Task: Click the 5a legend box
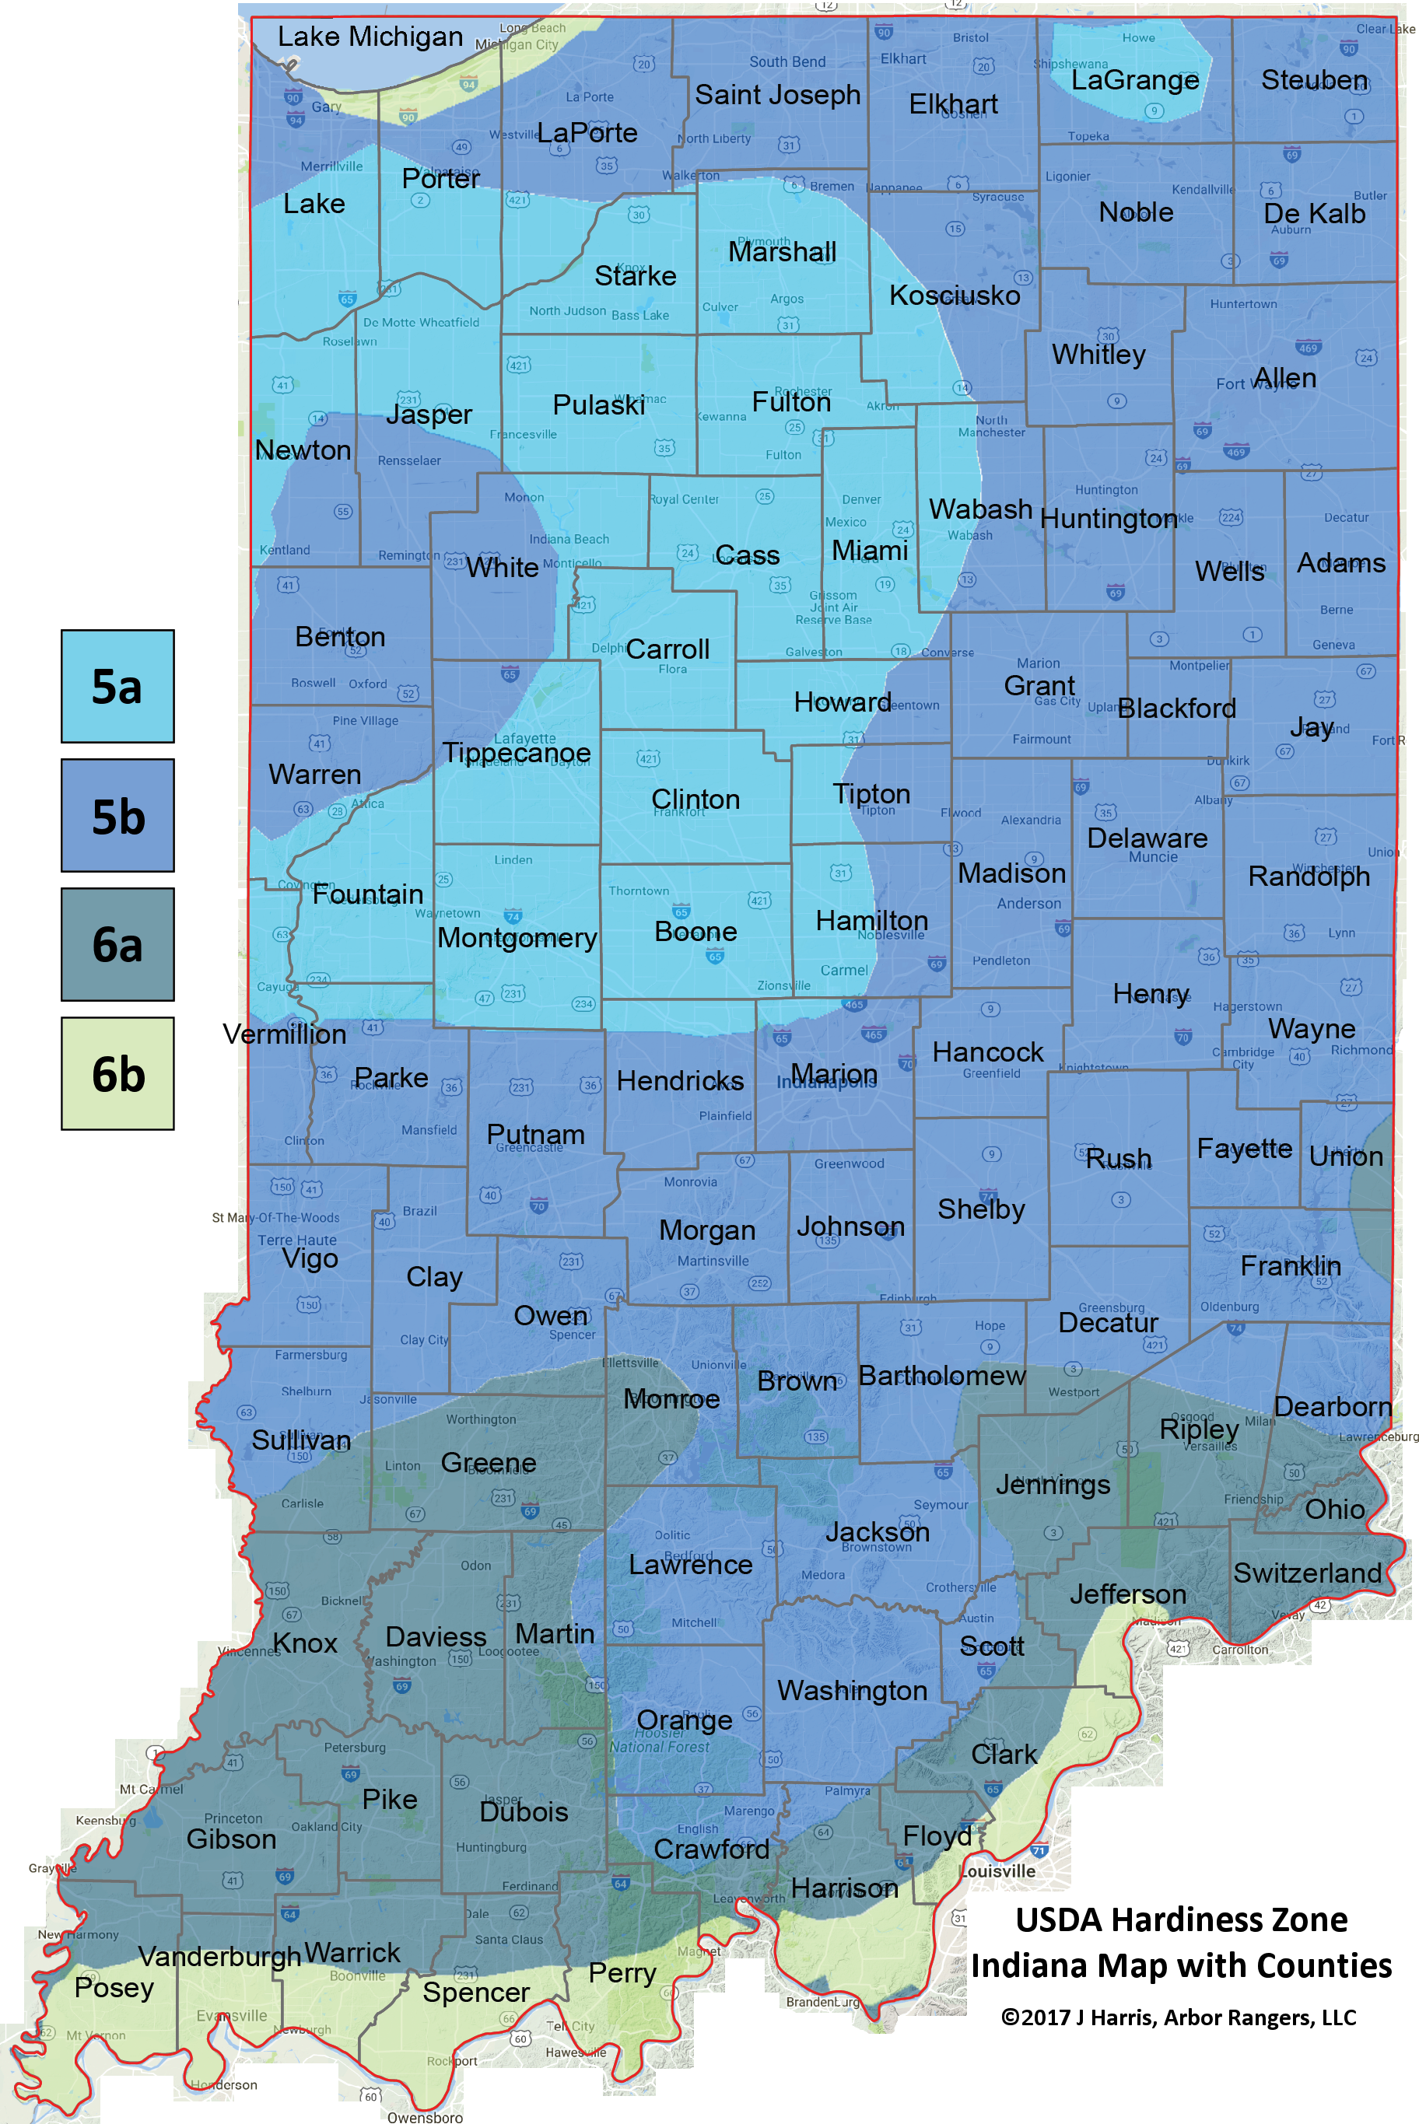(x=117, y=687)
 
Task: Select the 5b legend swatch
(x=117, y=816)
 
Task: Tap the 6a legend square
(x=117, y=944)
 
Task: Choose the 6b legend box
(x=117, y=1074)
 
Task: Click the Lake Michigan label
(x=370, y=37)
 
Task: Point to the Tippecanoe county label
(x=516, y=753)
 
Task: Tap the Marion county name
(x=833, y=1074)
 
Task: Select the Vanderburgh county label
(x=220, y=1957)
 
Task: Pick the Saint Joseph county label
(x=777, y=94)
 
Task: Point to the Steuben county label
(x=1314, y=81)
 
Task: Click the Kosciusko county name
(x=955, y=295)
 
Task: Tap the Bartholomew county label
(x=942, y=1376)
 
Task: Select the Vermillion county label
(x=284, y=1034)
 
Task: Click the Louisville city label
(x=997, y=1870)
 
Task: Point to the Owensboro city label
(x=425, y=2117)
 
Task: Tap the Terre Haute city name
(x=297, y=1240)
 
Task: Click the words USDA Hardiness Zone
(x=1181, y=1919)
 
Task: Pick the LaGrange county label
(x=1135, y=81)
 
